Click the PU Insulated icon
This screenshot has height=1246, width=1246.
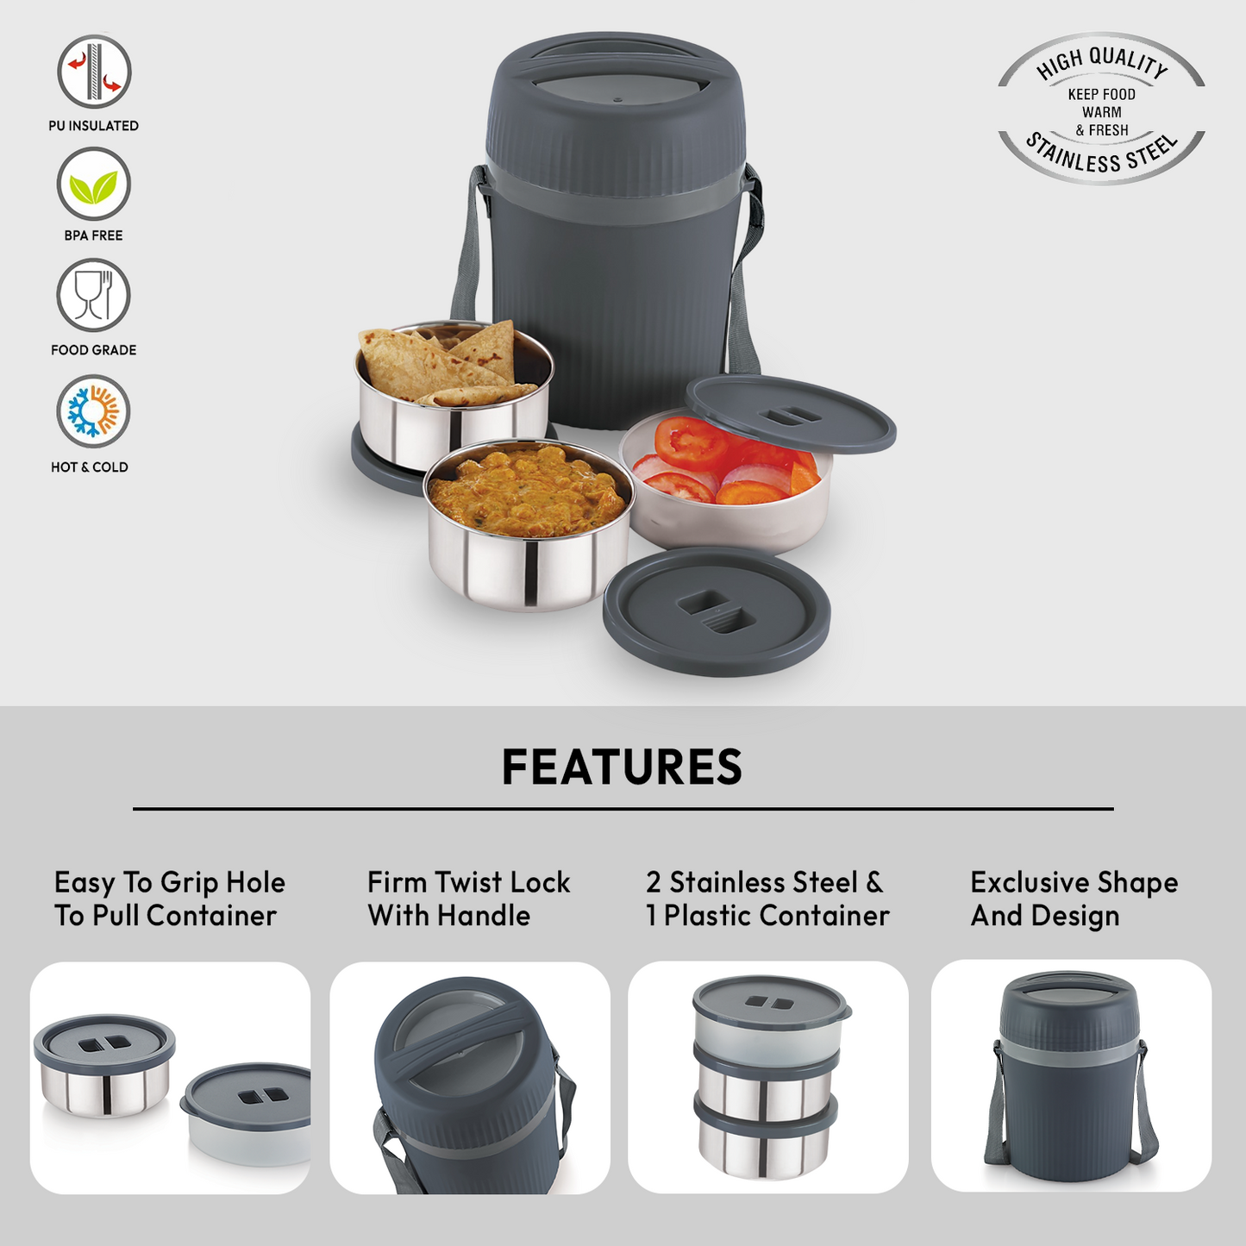tap(94, 72)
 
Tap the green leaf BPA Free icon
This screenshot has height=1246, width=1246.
tap(94, 185)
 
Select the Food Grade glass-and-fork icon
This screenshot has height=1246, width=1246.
tap(94, 296)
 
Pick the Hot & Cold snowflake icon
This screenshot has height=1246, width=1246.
tap(94, 411)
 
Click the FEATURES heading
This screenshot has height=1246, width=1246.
tap(622, 767)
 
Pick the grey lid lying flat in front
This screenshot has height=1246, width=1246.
tap(717, 611)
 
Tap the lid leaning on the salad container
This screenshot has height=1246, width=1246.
tap(790, 414)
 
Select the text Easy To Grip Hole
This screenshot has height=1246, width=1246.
tap(169, 883)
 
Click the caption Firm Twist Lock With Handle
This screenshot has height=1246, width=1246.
tap(469, 898)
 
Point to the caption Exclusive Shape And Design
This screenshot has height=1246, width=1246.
tap(1074, 898)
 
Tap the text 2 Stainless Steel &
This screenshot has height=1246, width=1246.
tap(764, 882)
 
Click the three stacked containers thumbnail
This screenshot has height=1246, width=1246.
tap(768, 1077)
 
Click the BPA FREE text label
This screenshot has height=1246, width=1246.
tap(94, 235)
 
